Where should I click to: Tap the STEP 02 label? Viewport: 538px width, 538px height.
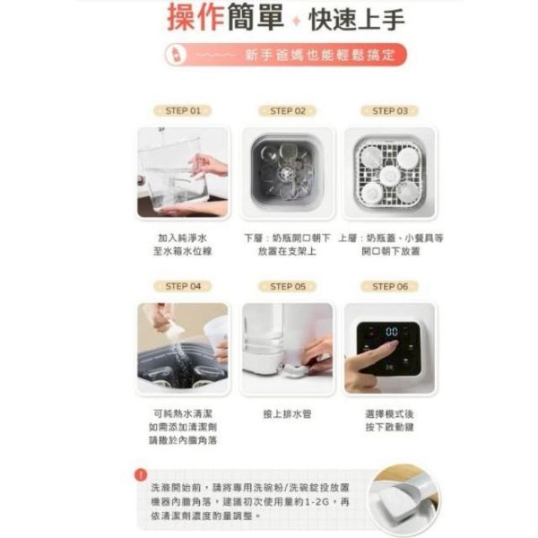[287, 110]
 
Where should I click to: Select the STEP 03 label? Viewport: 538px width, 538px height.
[389, 110]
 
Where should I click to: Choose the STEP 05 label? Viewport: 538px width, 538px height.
[287, 286]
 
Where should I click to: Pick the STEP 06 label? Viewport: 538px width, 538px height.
[389, 286]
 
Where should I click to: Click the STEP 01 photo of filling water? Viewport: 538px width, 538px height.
[183, 172]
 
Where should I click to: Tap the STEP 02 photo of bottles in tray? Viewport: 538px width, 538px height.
[287, 172]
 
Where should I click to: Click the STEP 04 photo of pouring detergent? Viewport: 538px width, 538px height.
[183, 348]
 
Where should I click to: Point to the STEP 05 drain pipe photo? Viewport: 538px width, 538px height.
[287, 348]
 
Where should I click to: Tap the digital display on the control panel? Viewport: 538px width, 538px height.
[392, 332]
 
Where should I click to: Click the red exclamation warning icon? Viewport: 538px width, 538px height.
[141, 474]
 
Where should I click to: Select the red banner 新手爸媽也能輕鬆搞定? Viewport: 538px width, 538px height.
[287, 55]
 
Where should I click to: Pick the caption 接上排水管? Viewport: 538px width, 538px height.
[287, 414]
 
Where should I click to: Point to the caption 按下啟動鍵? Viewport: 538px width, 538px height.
[389, 427]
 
